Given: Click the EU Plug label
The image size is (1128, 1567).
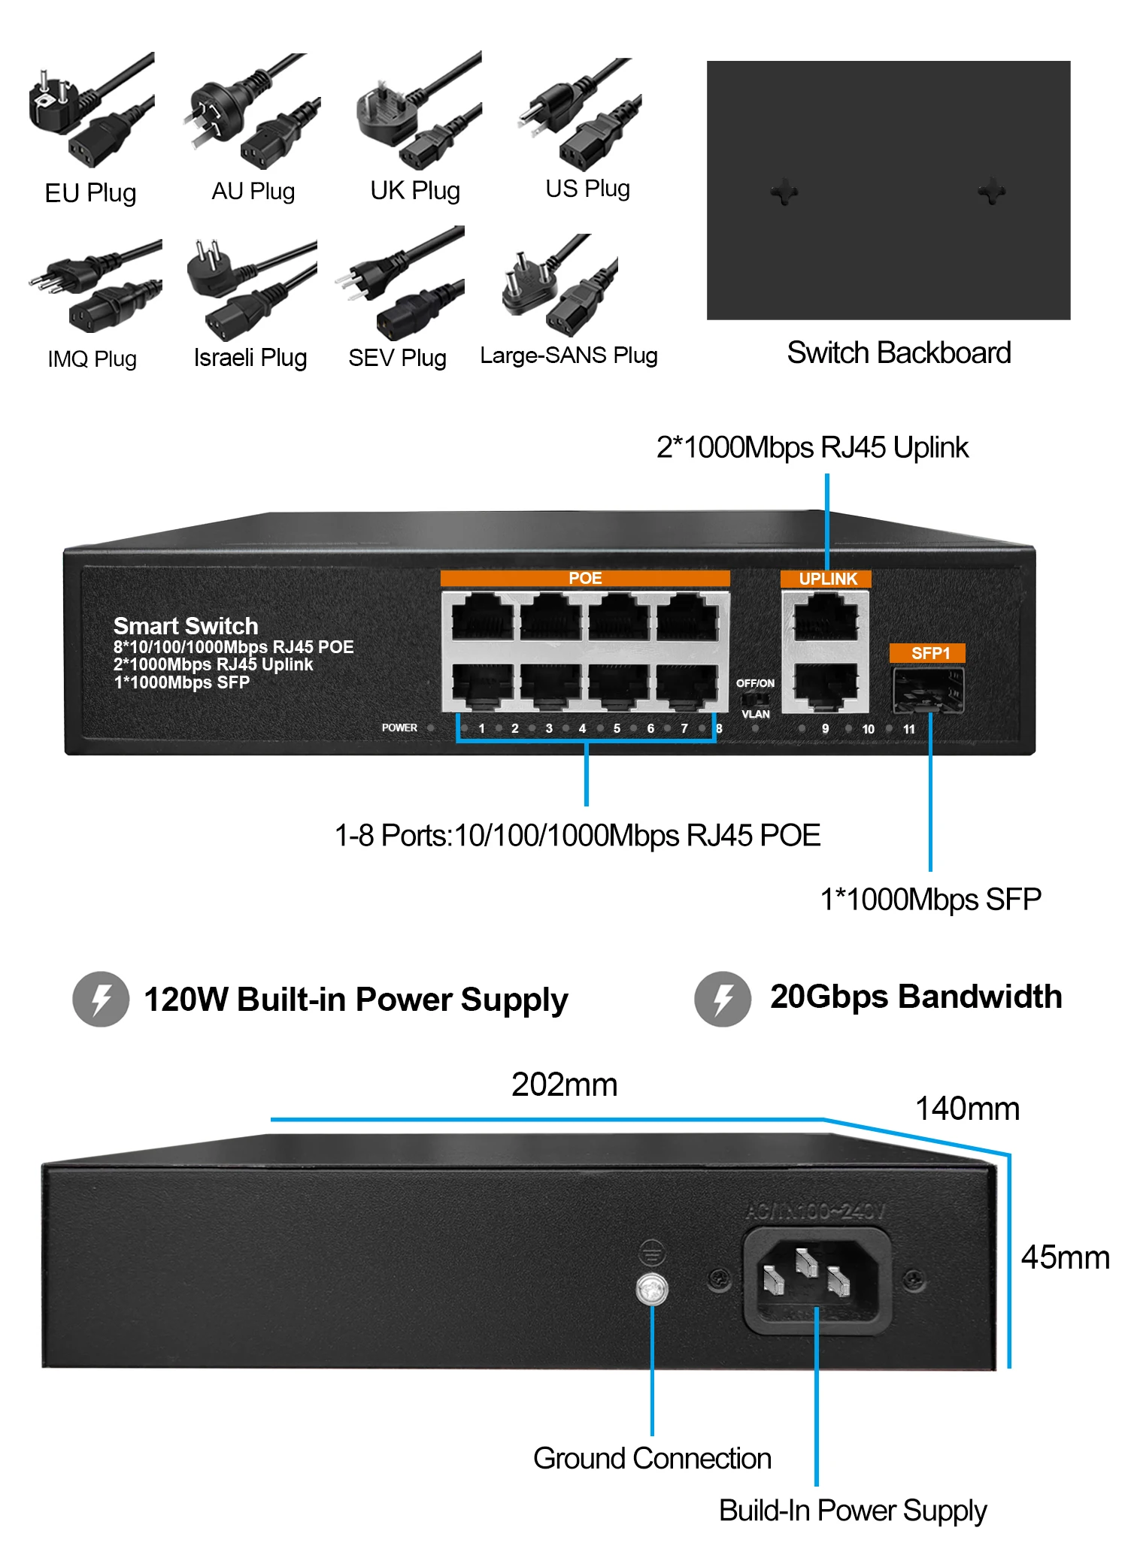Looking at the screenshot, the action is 90,193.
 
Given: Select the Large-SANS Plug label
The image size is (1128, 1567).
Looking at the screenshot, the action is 569,355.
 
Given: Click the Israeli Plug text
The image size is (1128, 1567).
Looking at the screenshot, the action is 250,358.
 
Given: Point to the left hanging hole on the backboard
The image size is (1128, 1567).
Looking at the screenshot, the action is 784,192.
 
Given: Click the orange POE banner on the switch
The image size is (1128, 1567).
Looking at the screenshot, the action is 585,578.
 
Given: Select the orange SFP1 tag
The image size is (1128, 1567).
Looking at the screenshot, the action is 928,653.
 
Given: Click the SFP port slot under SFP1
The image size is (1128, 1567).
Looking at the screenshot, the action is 929,690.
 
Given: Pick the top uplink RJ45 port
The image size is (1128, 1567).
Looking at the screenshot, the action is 826,616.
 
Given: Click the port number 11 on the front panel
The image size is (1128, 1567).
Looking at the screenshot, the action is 909,729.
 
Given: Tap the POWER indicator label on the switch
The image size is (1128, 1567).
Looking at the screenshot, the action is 399,728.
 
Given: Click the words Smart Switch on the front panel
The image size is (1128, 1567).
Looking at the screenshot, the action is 186,626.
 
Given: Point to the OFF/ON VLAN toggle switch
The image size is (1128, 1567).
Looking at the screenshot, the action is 754,698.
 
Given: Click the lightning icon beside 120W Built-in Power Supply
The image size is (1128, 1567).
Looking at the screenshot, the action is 101,999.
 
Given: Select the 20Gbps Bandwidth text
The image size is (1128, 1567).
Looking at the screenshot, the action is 916,997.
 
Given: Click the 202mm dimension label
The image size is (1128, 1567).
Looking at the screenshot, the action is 564,1084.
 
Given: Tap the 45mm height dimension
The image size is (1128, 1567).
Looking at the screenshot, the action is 1065,1257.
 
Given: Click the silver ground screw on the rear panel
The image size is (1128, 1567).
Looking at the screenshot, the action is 651,1290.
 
